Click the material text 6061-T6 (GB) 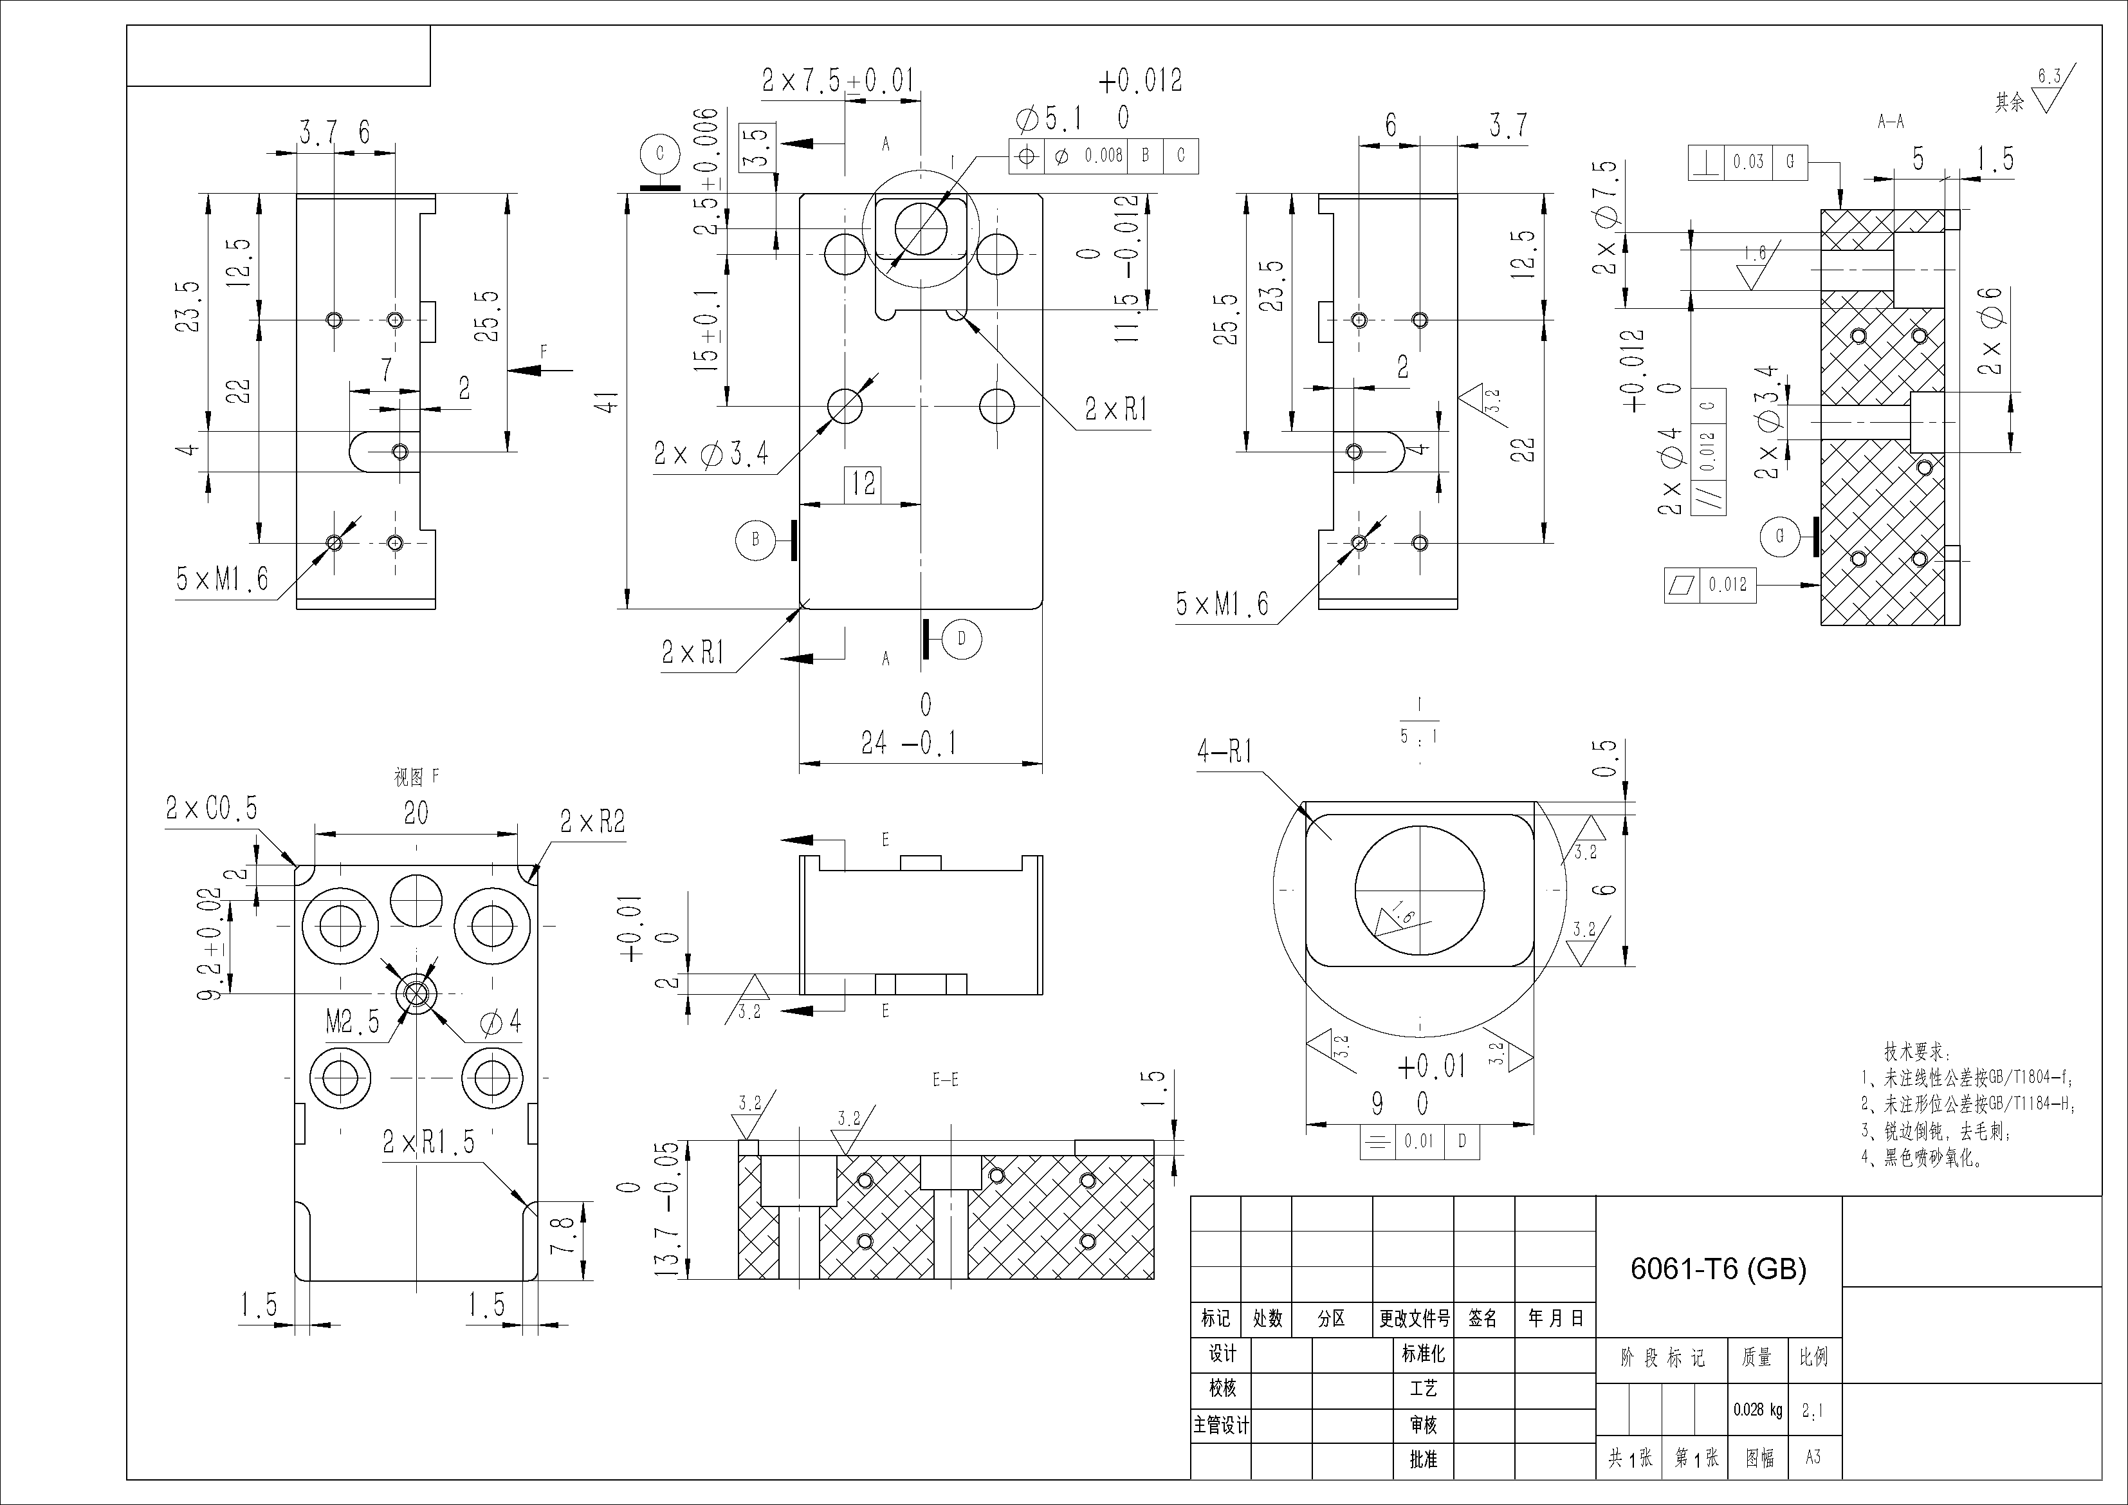[1718, 1269]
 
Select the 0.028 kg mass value [1757, 1410]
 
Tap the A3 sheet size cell [1813, 1457]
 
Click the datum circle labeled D [961, 639]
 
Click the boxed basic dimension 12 [863, 483]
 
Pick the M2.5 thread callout [352, 1022]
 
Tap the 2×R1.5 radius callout [428, 1143]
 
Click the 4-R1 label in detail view [1224, 750]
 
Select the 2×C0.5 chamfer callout [211, 809]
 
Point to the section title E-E [946, 1080]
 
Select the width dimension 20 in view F [415, 813]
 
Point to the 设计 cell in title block [1222, 1354]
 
